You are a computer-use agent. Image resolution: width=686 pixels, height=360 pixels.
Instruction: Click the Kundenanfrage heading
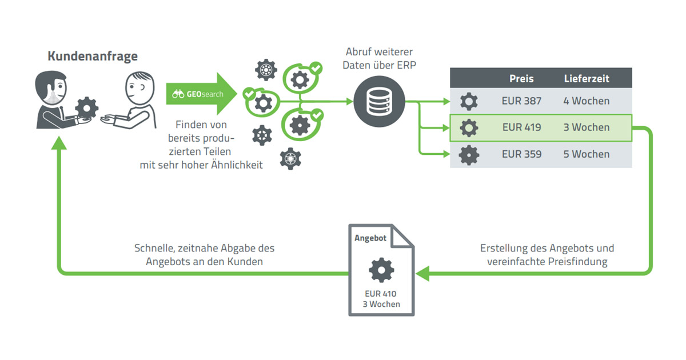[93, 57]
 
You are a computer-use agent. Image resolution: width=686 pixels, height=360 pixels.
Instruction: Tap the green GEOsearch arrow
[201, 94]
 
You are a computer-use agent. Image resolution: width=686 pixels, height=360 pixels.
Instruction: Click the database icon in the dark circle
[379, 101]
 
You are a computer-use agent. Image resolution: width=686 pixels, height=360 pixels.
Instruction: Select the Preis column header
[521, 79]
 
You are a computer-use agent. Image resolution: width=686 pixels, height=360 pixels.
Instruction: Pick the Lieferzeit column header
[587, 79]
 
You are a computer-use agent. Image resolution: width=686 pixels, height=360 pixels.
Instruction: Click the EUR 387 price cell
[521, 101]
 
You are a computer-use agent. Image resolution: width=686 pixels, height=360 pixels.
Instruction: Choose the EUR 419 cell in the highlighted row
[521, 127]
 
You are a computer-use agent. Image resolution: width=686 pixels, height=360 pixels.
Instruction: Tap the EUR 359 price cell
[521, 154]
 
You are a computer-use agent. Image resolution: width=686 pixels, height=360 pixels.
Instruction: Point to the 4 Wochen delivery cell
[586, 101]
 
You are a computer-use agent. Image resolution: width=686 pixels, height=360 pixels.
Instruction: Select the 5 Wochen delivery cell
[586, 154]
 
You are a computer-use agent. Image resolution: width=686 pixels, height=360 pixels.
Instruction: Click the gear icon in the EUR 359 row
[469, 155]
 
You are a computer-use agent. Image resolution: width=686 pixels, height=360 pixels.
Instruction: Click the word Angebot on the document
[370, 238]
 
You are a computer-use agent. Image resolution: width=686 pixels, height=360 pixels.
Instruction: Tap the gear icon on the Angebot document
[381, 270]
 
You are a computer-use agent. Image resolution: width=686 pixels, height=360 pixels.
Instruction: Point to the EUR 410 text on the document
[380, 294]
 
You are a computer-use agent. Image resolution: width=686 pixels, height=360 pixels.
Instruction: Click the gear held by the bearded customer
[87, 108]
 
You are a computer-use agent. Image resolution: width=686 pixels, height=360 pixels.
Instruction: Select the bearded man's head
[51, 88]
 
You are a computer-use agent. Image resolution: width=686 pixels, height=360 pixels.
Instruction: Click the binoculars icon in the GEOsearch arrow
[178, 94]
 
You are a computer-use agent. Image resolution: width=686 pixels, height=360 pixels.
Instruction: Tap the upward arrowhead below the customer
[59, 143]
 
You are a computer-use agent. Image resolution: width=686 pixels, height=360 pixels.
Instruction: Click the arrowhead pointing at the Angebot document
[422, 273]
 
